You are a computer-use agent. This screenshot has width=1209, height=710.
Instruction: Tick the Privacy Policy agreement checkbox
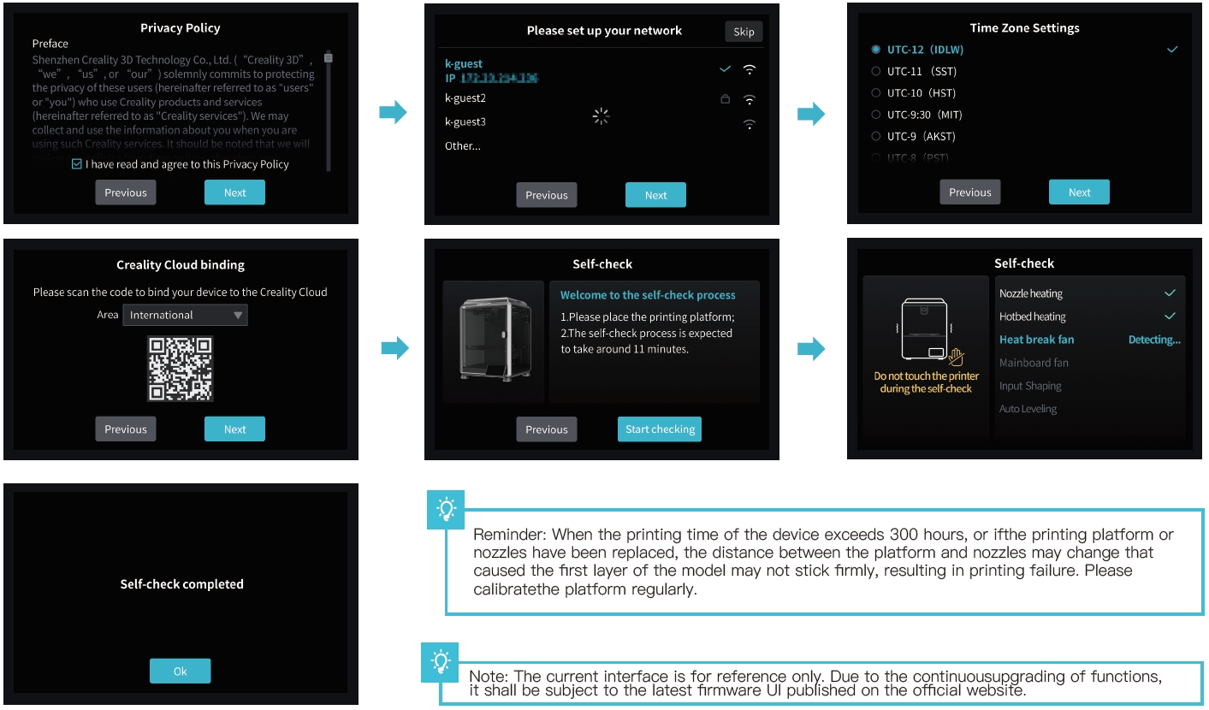click(x=77, y=164)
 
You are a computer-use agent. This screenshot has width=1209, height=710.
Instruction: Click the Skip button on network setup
click(x=744, y=32)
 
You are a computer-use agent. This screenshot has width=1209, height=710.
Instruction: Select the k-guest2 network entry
click(x=465, y=98)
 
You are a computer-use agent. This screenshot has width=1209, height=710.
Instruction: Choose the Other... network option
click(x=463, y=146)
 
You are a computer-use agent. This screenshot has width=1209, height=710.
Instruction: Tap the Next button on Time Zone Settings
click(x=1079, y=192)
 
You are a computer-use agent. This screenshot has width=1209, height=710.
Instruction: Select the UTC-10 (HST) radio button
click(x=875, y=93)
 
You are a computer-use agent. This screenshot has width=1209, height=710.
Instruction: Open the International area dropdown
click(x=185, y=315)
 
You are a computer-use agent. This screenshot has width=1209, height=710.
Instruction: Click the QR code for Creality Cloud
click(x=180, y=369)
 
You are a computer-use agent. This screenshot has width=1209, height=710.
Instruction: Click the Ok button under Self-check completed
click(x=180, y=672)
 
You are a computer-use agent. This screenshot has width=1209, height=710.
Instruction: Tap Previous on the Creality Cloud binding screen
click(x=126, y=429)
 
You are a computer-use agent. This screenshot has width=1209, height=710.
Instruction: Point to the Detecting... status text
click(x=1153, y=340)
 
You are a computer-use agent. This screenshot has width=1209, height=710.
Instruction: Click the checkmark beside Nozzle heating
click(x=1170, y=293)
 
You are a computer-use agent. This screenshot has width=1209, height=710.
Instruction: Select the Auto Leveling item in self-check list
click(x=1028, y=409)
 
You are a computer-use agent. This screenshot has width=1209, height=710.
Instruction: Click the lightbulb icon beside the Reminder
click(x=446, y=509)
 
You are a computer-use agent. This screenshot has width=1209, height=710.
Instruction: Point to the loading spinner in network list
click(x=601, y=117)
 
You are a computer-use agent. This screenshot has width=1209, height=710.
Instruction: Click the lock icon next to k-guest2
click(x=725, y=99)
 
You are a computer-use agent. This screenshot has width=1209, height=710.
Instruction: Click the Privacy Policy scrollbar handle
click(x=328, y=57)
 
